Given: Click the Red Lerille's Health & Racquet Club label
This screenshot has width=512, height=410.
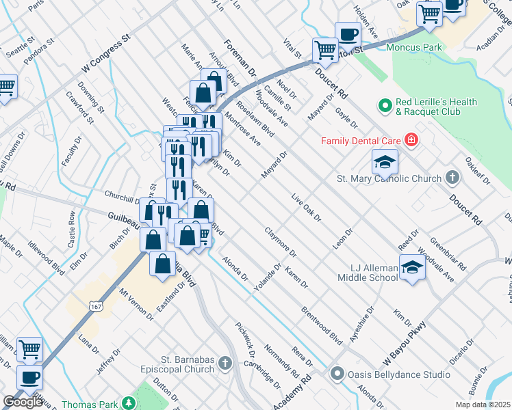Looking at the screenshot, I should click(x=435, y=107).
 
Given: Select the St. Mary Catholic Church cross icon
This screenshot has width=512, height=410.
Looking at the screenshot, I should click(x=451, y=178).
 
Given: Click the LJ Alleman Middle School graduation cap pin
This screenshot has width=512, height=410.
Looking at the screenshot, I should click(x=412, y=267).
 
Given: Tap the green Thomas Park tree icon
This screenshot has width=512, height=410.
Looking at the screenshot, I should click(x=127, y=404).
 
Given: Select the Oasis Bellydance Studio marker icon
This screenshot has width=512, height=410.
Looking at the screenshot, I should click(x=336, y=374).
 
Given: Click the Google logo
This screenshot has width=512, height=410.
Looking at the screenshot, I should click(x=23, y=402).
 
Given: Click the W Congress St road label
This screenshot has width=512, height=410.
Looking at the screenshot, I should click(x=105, y=54).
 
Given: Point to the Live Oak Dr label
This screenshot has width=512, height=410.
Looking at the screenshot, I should click(x=306, y=207).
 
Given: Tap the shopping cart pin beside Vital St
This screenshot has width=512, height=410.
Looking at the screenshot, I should click(x=324, y=49).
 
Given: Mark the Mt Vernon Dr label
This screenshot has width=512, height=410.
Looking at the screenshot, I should click(x=136, y=304).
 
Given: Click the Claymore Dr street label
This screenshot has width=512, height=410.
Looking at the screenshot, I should click(x=279, y=241).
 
